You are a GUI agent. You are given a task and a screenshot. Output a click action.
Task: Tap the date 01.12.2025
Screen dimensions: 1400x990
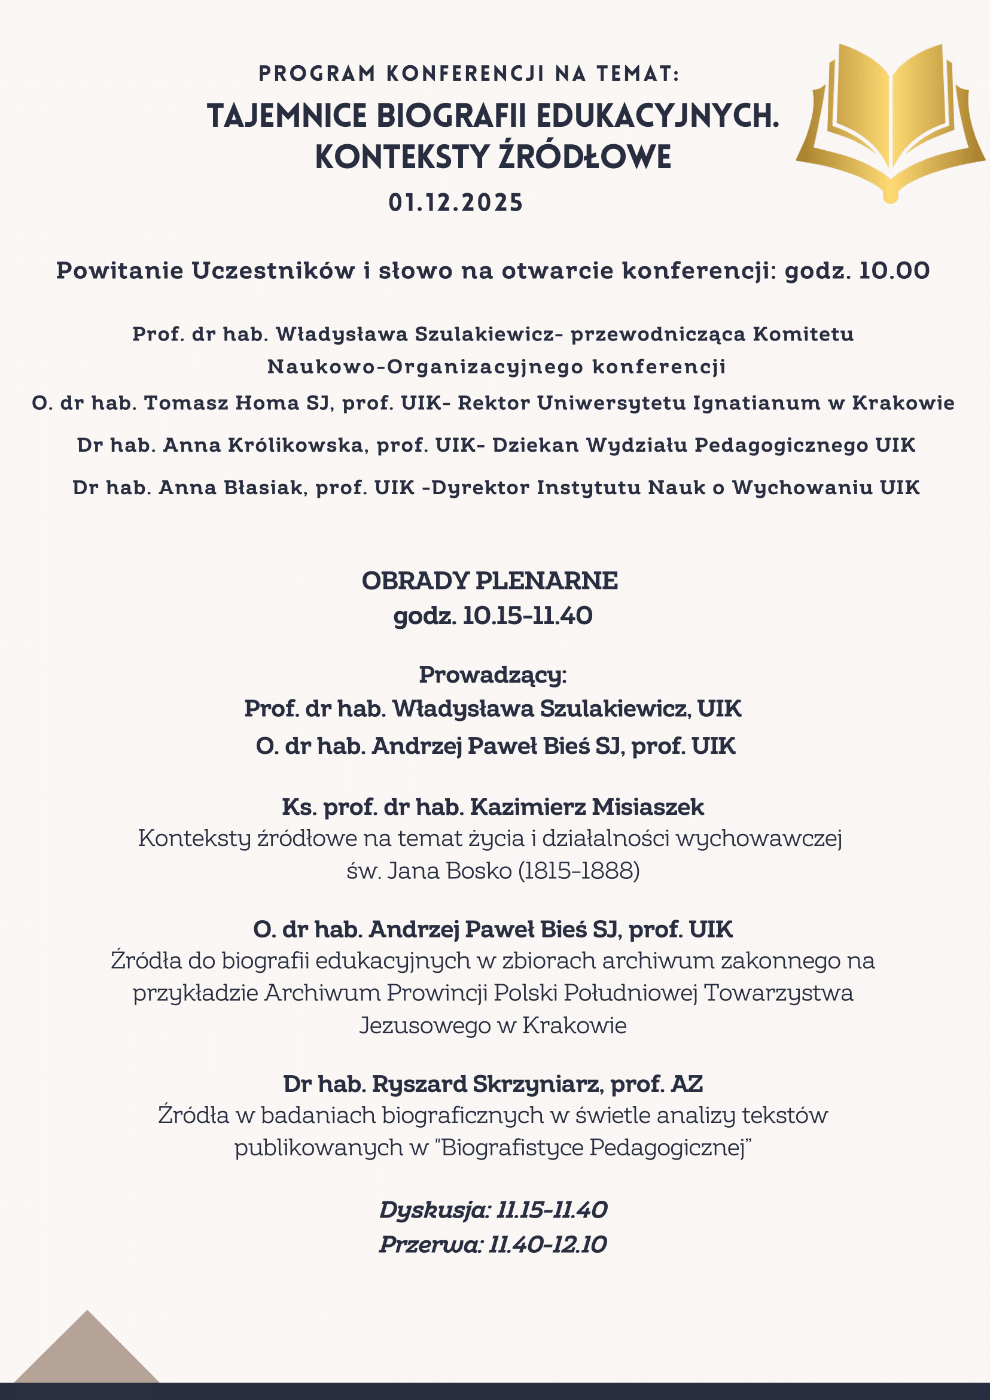[456, 202]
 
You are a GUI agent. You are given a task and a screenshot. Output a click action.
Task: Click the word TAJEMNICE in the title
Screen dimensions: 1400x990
[287, 115]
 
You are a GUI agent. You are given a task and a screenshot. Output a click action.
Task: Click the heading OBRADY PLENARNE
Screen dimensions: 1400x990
[489, 580]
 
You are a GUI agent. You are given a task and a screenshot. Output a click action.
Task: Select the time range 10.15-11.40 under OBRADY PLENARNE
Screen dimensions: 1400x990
[528, 616]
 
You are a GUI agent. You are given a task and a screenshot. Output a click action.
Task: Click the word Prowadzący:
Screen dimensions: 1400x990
[492, 675]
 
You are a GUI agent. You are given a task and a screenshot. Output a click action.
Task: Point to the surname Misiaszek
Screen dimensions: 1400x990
[648, 807]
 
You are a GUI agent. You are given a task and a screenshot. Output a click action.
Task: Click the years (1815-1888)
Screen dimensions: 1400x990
[578, 870]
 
